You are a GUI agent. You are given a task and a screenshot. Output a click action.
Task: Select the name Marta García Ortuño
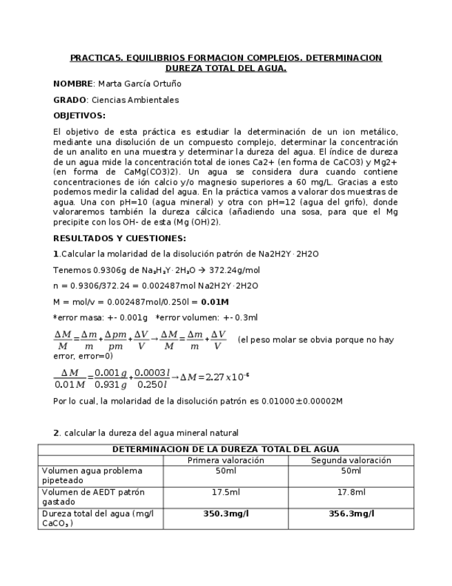[x=140, y=84]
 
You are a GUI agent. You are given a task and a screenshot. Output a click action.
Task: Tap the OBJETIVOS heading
[x=79, y=115]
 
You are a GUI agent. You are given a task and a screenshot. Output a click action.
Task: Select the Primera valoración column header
[x=226, y=460]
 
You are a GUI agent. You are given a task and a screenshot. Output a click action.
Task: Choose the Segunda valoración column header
[x=351, y=460]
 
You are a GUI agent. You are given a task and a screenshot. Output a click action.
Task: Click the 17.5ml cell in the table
[x=226, y=492]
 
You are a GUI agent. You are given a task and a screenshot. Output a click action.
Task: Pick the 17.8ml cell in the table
[x=351, y=492]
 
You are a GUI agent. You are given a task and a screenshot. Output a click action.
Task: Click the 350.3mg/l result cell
[x=226, y=513]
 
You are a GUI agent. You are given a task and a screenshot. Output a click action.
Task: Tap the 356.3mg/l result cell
[x=351, y=513]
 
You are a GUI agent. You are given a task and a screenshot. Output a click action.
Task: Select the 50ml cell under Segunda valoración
[x=351, y=471]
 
